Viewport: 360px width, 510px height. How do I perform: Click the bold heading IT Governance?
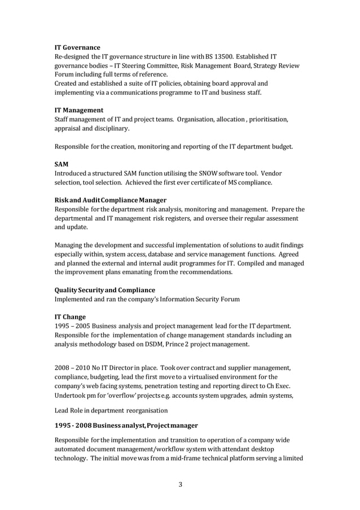pyautogui.click(x=77, y=47)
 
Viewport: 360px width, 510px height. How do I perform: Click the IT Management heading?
pyautogui.click(x=79, y=110)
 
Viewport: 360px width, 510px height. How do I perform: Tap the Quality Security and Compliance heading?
pyautogui.click(x=104, y=290)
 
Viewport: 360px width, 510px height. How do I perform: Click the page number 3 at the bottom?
pyautogui.click(x=180, y=483)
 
